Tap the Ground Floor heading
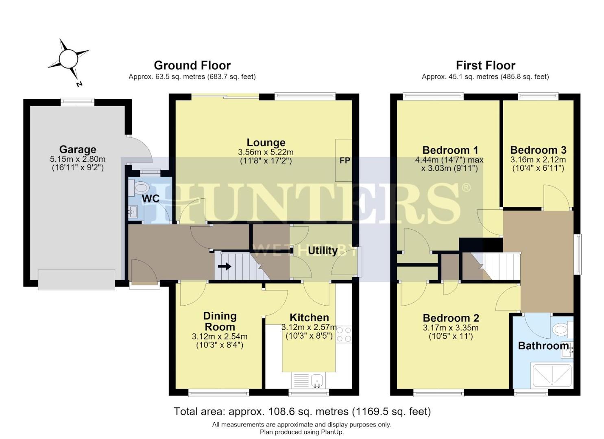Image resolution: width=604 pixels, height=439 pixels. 192,65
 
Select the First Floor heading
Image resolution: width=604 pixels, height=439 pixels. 486,65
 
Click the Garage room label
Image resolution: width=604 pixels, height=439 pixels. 78,149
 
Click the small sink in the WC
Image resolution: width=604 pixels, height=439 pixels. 133,211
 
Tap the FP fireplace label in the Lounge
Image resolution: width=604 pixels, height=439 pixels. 345,161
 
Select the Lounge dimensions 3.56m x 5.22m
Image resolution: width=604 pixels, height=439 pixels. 266,152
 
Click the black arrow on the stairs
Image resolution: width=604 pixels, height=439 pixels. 225,267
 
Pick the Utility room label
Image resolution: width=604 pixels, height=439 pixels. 323,251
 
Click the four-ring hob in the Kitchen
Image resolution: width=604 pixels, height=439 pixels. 344,335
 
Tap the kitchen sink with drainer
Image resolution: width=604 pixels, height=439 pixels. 309,380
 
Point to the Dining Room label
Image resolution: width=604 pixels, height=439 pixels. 220,322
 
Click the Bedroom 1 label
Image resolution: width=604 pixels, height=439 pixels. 450,150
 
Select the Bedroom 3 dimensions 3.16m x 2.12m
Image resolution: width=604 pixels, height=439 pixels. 538,159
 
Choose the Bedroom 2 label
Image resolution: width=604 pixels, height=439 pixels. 451,318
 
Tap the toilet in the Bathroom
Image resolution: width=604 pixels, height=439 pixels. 562,330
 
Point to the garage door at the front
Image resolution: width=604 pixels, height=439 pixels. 76,280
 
